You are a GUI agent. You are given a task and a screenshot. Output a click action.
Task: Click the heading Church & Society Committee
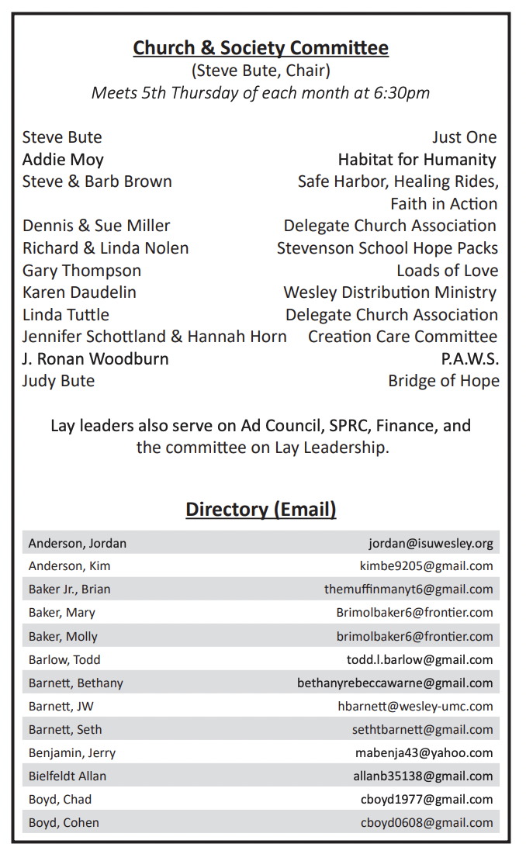pos(261,48)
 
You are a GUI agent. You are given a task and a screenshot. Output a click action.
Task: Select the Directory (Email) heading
pos(261,510)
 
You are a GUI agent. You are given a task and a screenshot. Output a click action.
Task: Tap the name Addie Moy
pos(63,160)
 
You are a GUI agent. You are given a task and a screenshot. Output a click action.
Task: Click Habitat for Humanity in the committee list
pos(417,160)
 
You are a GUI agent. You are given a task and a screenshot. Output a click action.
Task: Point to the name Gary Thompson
pos(81,271)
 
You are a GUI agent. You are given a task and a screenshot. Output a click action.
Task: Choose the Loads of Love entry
pos(447,271)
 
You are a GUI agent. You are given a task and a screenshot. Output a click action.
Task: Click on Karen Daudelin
pos(79,292)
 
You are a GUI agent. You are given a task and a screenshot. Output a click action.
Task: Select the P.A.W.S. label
pos(469,359)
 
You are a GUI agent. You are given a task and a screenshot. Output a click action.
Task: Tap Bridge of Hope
pos(443,381)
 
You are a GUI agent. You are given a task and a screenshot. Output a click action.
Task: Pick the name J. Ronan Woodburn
pos(95,359)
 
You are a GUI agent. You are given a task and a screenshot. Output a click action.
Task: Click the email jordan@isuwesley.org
pos(431,543)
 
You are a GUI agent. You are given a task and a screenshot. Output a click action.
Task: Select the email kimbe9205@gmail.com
pos(426,566)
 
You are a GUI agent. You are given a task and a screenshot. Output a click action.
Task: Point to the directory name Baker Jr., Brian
pos(70,590)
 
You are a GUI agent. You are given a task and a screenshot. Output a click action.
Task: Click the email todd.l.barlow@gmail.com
pos(420,660)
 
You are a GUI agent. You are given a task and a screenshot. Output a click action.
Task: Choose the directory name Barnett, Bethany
pos(76,683)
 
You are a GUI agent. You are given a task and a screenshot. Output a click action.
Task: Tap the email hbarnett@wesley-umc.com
pos(415,707)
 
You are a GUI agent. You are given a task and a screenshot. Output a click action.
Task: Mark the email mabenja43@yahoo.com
pos(424,753)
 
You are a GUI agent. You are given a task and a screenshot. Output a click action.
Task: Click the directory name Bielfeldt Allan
pos(67,776)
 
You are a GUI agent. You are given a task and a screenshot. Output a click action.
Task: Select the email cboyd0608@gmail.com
pos(427,823)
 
